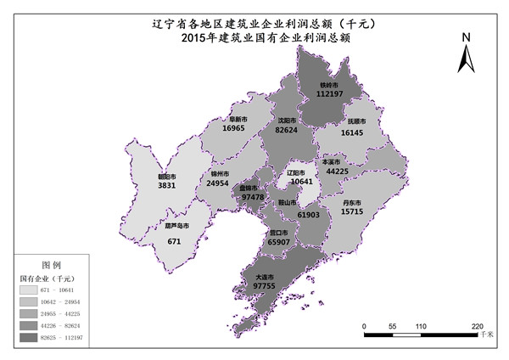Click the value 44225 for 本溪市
337,172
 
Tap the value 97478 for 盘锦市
253,196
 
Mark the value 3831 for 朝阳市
166,185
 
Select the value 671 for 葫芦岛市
174,241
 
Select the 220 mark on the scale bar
478,326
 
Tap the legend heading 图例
52,265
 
